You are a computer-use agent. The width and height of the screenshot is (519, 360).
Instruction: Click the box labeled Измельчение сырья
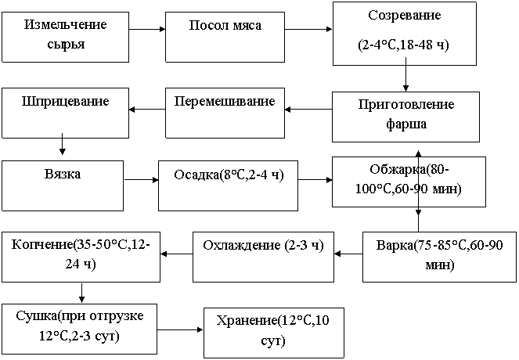point(65,37)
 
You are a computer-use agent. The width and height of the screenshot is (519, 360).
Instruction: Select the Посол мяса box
point(225,37)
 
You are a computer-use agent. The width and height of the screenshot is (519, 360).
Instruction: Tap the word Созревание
point(405,16)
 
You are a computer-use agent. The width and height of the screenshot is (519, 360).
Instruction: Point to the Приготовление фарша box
point(405,117)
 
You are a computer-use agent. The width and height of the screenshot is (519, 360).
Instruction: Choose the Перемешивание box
point(225,113)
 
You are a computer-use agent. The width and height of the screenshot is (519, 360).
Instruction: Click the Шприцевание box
point(65,113)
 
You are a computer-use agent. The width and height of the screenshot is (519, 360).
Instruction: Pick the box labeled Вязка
point(63,185)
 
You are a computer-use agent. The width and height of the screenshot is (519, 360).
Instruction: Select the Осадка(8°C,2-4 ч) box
point(228,185)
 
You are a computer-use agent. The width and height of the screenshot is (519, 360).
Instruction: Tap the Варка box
point(439,257)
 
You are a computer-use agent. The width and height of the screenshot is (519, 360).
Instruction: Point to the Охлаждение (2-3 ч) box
point(263,257)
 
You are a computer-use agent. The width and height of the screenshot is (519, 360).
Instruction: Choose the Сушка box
point(79,329)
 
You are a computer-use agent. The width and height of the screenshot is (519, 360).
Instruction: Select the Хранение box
point(274,333)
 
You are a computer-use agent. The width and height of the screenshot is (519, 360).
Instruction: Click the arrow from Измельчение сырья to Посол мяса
point(147,30)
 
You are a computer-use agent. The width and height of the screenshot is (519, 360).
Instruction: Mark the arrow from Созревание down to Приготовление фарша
point(405,74)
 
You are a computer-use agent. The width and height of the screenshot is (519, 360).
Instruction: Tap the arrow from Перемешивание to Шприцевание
point(147,110)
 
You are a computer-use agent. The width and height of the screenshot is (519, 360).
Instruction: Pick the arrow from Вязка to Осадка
point(142,180)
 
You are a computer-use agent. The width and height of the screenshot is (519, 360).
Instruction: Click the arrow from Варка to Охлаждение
point(348,254)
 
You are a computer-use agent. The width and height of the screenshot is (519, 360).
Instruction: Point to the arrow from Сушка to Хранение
point(180,329)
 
